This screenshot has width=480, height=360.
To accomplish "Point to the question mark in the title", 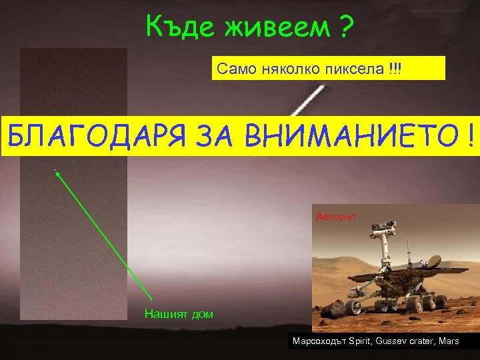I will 347,27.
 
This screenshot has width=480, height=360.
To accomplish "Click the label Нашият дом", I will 179,314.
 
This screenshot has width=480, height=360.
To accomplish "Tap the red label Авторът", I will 337,217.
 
